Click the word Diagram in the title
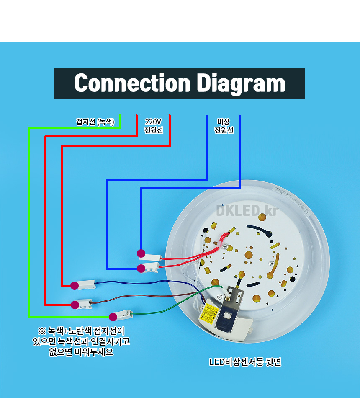241,83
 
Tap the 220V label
153,122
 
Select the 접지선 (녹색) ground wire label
95,122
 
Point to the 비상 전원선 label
224,126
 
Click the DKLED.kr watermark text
247,210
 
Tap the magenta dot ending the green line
113,317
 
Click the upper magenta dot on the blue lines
141,253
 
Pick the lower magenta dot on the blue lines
141,268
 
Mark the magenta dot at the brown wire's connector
75,304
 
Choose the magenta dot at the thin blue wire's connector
75,286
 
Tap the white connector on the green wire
125,314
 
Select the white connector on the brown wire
86,303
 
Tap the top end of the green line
120,116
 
